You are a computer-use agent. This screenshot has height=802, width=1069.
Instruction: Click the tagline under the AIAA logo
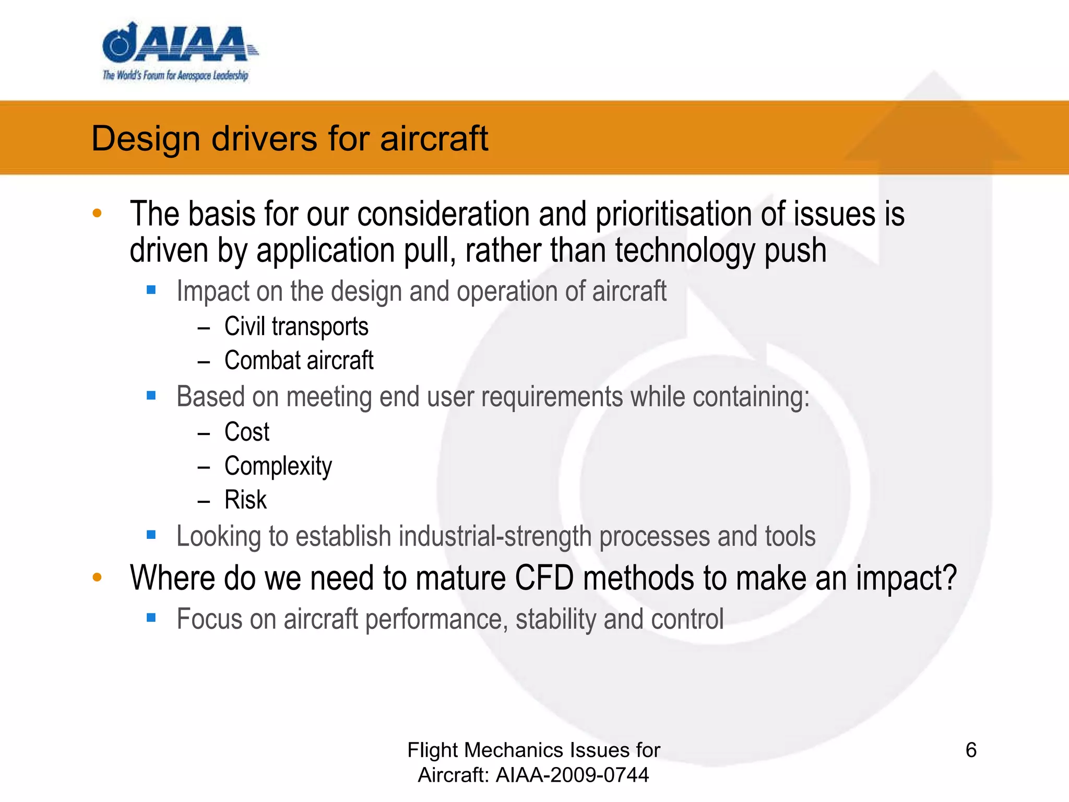click(175, 76)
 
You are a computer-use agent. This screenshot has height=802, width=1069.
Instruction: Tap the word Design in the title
click(146, 139)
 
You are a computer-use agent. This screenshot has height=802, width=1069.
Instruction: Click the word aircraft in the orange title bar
click(434, 139)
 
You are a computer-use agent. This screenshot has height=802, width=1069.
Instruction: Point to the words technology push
click(720, 251)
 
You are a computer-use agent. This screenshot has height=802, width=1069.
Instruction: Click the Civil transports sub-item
click(296, 327)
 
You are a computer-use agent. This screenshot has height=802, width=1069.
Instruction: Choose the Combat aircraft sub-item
click(299, 361)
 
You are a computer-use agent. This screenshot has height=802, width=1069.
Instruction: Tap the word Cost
click(246, 432)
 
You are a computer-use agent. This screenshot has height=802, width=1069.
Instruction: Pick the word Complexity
click(278, 466)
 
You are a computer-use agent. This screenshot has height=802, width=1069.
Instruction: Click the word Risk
click(245, 500)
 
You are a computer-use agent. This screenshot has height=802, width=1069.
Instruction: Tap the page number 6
click(971, 750)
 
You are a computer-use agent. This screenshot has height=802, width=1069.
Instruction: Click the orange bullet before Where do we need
click(97, 577)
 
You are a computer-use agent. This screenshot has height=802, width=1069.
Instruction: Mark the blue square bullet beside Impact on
click(151, 290)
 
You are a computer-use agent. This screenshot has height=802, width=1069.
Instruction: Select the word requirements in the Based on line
click(552, 397)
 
